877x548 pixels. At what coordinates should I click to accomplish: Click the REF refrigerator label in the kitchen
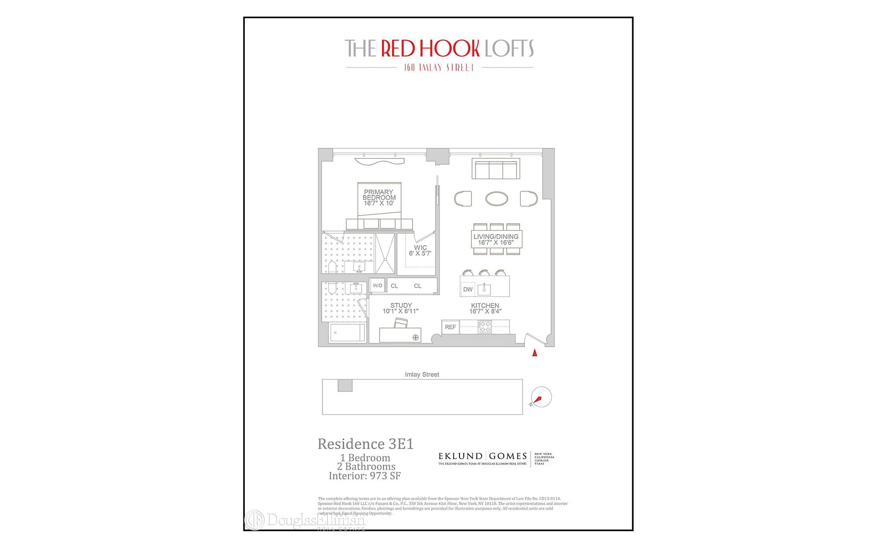pyautogui.click(x=450, y=327)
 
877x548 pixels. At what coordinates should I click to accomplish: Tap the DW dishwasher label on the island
pyautogui.click(x=468, y=290)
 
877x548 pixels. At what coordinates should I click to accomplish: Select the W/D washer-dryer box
pyautogui.click(x=377, y=285)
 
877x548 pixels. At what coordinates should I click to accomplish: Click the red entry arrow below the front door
pyautogui.click(x=535, y=353)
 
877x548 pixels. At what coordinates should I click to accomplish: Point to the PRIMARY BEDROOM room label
pyautogui.click(x=379, y=195)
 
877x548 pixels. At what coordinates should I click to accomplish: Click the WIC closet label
pyautogui.click(x=420, y=248)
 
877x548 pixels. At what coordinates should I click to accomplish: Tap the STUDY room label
pyautogui.click(x=401, y=306)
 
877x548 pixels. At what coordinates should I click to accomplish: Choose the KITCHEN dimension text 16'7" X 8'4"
pyautogui.click(x=485, y=311)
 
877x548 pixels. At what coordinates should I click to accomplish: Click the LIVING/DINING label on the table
pyautogui.click(x=496, y=237)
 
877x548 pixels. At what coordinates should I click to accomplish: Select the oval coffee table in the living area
pyautogui.click(x=496, y=199)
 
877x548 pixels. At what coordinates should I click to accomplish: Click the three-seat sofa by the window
pyautogui.click(x=496, y=169)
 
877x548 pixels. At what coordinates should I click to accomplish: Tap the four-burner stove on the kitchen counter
pyautogui.click(x=485, y=327)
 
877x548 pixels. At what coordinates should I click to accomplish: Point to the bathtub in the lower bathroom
pyautogui.click(x=348, y=332)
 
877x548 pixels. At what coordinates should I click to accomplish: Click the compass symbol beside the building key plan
pyautogui.click(x=541, y=397)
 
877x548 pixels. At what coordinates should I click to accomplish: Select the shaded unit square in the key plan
pyautogui.click(x=345, y=385)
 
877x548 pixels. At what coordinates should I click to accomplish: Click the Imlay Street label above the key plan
pyautogui.click(x=422, y=374)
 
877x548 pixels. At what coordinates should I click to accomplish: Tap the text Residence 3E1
pyautogui.click(x=365, y=444)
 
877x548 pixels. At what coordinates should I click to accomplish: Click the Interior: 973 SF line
pyautogui.click(x=365, y=476)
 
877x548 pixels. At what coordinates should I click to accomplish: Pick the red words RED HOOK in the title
pyautogui.click(x=430, y=49)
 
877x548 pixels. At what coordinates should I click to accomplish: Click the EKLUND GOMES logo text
pyautogui.click(x=482, y=456)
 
